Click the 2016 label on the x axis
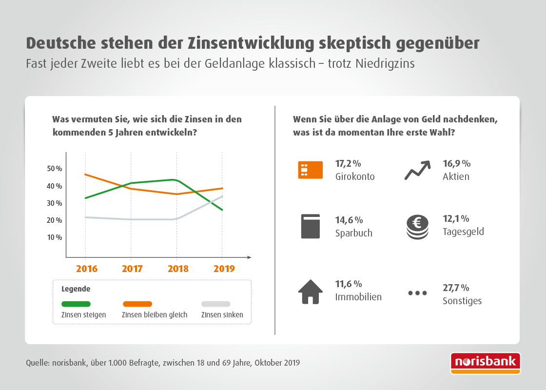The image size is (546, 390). coord(86,269)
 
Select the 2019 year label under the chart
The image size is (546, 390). coord(224,269)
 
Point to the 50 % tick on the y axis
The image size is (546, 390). coord(55,169)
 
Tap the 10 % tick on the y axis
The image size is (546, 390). coord(55,237)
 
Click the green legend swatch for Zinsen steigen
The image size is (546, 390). coord(76,304)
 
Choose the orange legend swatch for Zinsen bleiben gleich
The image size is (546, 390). coord(137,304)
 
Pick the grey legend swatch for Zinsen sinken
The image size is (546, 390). coord(215,304)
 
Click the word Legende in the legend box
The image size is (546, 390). coord(76,289)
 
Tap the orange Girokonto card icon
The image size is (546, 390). coord(310,170)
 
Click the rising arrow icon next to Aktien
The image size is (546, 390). coord(417,170)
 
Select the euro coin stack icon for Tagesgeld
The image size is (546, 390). coord(417,228)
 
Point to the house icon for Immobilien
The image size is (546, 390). coord(311,292)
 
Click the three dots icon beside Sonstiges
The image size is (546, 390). coord(417,293)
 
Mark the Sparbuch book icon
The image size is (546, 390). coord(310,226)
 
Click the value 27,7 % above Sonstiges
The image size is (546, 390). coord(455,288)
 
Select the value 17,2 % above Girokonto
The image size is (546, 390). coord(348,163)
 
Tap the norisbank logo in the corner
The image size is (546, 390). coord(485,363)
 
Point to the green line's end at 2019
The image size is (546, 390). coord(222,210)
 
